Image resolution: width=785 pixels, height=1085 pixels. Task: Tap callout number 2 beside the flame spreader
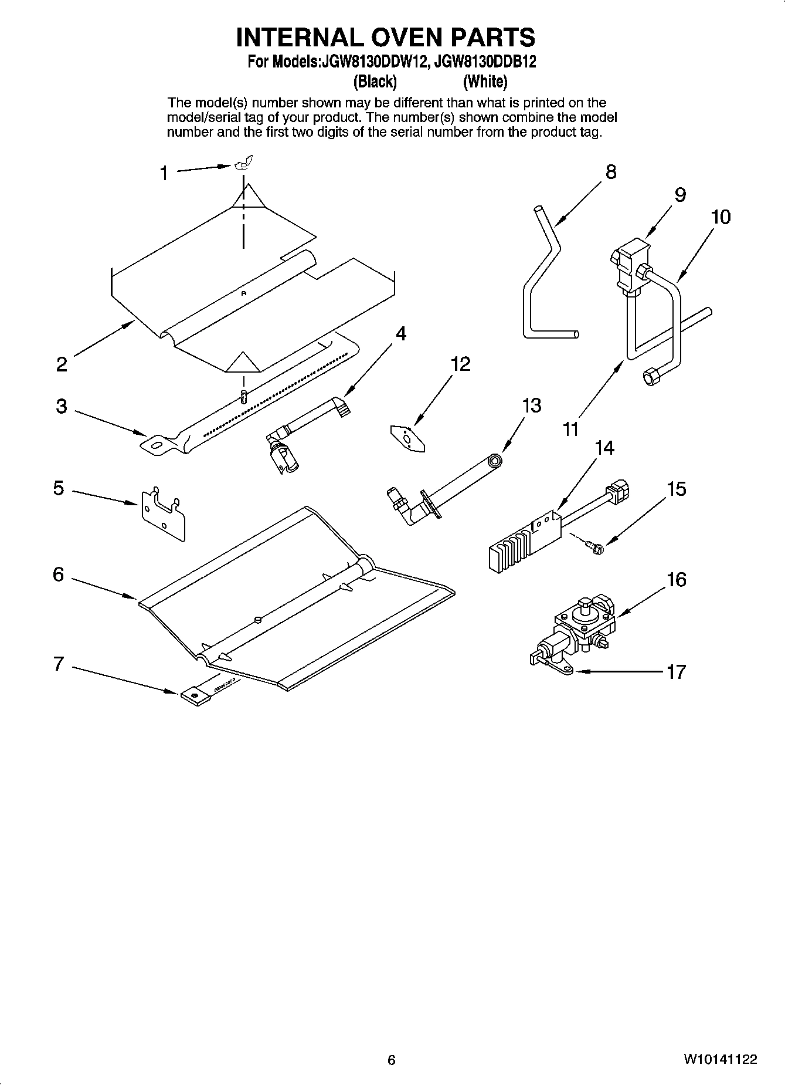(62, 364)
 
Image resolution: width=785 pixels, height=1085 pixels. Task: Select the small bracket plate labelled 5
(162, 512)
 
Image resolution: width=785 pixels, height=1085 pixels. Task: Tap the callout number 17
(676, 671)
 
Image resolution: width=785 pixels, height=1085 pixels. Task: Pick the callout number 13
(532, 405)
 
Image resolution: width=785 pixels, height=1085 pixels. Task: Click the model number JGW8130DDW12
(372, 62)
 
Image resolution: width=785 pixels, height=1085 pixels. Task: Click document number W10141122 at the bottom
(719, 1059)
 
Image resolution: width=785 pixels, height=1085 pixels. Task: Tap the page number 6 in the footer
(392, 1059)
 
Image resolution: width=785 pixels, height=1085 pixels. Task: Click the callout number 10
(721, 217)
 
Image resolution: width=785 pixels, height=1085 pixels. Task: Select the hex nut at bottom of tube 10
(651, 376)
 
